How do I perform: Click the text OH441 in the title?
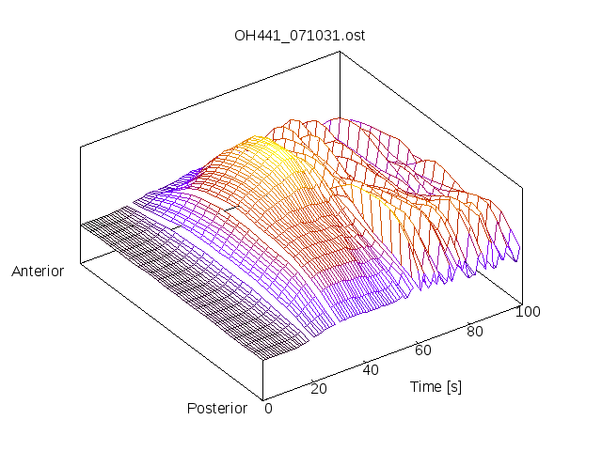click(255, 36)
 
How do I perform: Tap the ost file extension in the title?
click(355, 36)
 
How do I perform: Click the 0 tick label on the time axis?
click(268, 408)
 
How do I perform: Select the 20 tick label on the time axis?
click(318, 389)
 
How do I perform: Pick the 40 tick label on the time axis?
click(371, 369)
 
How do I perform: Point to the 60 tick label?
click(423, 350)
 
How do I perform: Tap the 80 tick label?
click(476, 331)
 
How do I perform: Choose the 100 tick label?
click(528, 312)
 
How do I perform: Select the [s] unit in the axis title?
click(453, 387)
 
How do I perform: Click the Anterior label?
click(38, 272)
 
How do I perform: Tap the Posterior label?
click(217, 408)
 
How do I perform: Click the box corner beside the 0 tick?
click(263, 398)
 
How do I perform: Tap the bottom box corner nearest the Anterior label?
click(81, 263)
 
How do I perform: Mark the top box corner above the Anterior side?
click(81, 147)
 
